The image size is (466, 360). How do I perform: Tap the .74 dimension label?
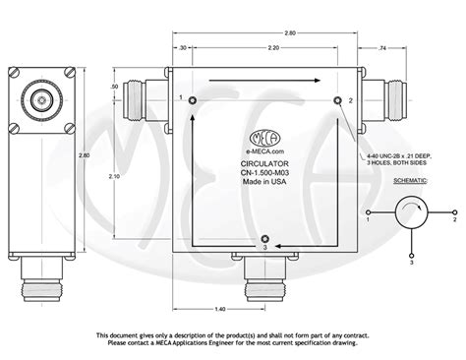(384, 48)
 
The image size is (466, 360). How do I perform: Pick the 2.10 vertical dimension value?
(116, 177)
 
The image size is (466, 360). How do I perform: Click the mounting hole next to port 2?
(338, 101)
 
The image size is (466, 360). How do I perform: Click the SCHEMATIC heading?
(410, 182)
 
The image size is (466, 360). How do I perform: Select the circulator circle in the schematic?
(410, 211)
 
